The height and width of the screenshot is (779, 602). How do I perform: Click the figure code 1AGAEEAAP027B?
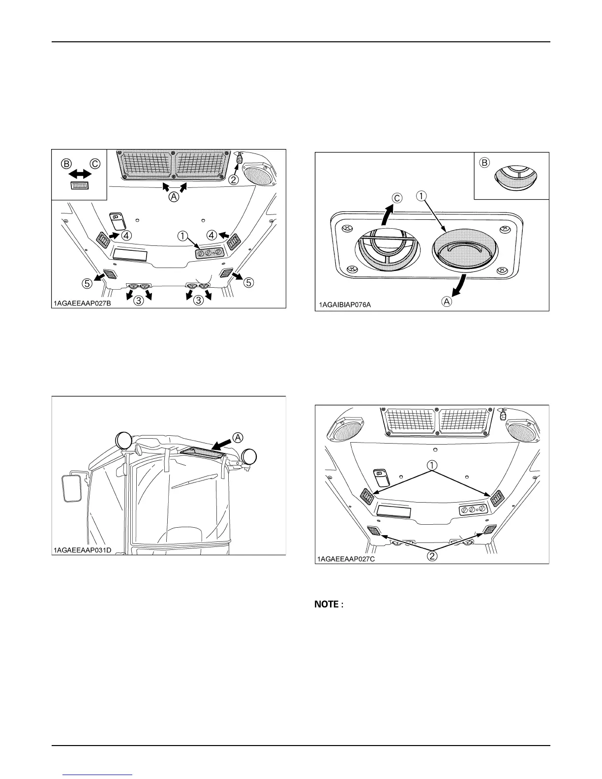click(83, 303)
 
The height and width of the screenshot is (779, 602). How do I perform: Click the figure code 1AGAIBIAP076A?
click(344, 305)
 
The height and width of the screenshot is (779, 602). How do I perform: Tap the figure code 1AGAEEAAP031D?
click(83, 550)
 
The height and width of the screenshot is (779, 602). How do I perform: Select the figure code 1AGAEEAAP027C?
click(346, 559)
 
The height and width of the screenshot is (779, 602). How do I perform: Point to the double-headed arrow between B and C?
click(79, 174)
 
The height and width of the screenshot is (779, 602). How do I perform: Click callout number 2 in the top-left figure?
click(234, 180)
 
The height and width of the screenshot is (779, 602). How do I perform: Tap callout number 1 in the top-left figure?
click(183, 236)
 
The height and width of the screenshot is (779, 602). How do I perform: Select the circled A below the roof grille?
click(174, 197)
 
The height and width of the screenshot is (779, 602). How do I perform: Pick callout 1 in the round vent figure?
click(421, 195)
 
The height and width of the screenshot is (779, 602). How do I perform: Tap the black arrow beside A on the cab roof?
click(220, 443)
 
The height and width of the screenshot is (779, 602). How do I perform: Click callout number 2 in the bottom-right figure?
click(431, 556)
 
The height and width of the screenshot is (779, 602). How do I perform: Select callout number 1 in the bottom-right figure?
click(431, 465)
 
